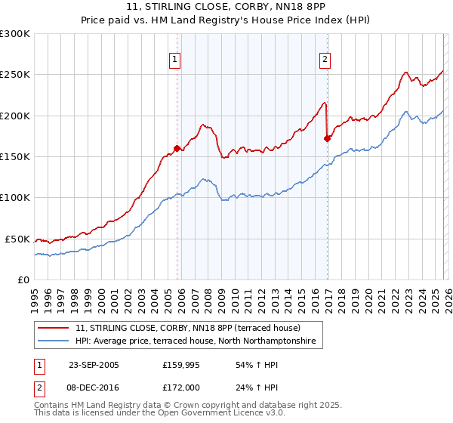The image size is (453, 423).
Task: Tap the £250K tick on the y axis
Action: coord(15,75)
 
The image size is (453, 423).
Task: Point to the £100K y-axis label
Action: coord(15,197)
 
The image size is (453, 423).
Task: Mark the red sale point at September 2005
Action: coord(177,149)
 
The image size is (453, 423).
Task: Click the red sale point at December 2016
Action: coord(327,138)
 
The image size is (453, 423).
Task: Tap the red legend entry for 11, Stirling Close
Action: coord(188,328)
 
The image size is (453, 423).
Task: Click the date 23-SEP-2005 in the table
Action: coord(94,365)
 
